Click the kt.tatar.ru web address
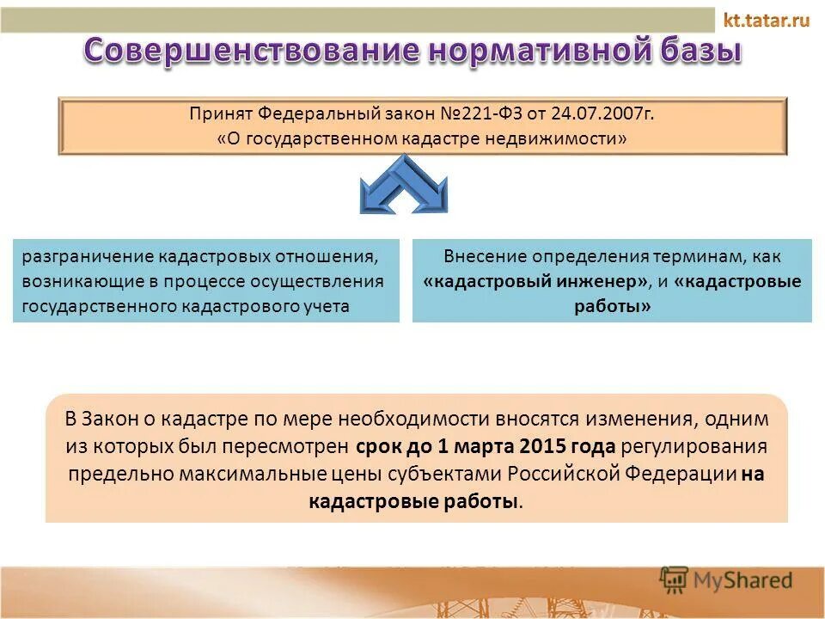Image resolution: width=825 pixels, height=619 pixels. (x=767, y=20)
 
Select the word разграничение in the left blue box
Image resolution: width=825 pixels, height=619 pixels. (x=75, y=257)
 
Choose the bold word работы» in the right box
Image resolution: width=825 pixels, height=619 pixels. (x=611, y=307)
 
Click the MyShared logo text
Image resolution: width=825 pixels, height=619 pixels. (x=742, y=580)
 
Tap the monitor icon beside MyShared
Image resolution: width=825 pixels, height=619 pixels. (x=674, y=579)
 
